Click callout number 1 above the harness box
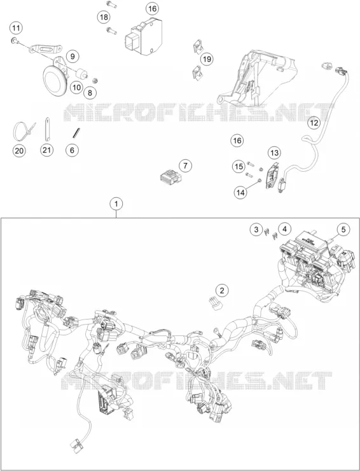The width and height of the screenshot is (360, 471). point(116,204)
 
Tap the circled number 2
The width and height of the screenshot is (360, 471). point(222,290)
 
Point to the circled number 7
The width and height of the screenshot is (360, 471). point(185,165)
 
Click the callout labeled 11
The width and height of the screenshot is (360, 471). point(16,28)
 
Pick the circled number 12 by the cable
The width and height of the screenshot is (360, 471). point(314,123)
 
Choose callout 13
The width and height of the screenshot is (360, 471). point(274,153)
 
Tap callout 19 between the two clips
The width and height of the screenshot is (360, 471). point(207,59)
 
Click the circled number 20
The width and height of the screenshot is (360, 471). point(19,150)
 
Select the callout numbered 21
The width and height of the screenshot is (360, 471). point(46,150)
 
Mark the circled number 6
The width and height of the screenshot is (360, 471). point(72,150)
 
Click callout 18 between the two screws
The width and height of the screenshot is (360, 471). point(104,17)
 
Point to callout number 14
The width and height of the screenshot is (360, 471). point(241,192)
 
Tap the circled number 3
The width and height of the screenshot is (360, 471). point(256,230)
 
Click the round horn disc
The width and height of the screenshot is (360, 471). point(55,80)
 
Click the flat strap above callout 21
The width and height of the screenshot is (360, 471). point(47,129)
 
